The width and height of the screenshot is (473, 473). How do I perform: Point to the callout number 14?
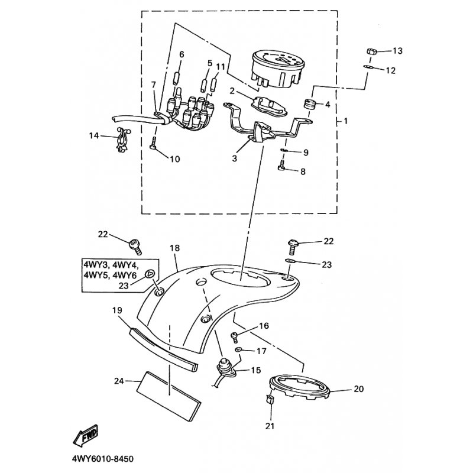[94, 135]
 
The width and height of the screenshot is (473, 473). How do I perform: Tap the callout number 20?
[358, 389]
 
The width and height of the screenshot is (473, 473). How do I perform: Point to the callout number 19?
[117, 310]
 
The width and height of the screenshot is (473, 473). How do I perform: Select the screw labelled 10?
[153, 143]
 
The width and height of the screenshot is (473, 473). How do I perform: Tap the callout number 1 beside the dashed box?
[346, 121]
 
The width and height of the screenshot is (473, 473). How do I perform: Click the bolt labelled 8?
[281, 167]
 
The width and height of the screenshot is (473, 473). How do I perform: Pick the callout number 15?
[255, 370]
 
